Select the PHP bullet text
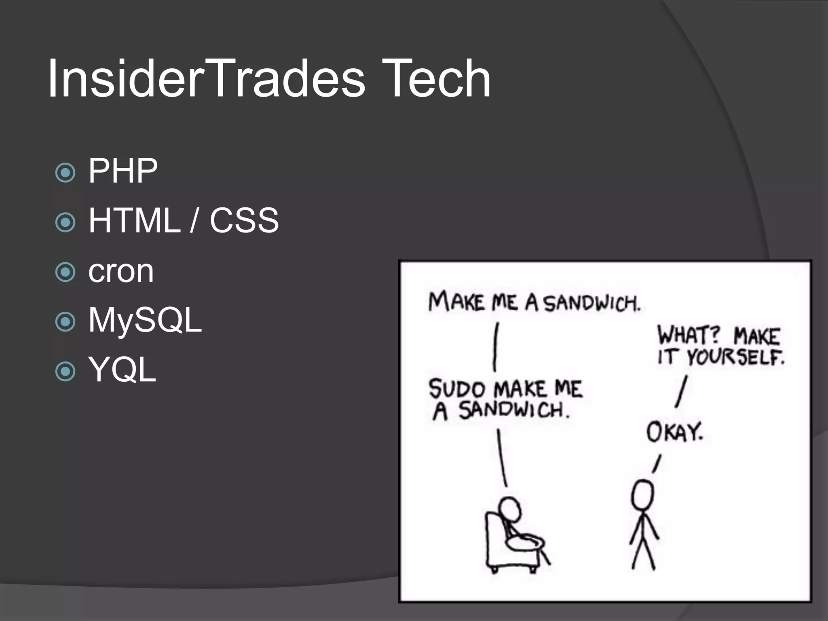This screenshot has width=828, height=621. point(123,171)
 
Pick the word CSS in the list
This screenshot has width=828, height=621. point(244,220)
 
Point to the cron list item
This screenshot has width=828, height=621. point(121,271)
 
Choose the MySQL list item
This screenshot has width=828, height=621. point(145,320)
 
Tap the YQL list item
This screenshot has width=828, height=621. point(122,369)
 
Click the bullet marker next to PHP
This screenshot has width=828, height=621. point(65,173)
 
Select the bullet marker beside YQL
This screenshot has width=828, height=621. point(65,371)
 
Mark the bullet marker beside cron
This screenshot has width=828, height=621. point(65,272)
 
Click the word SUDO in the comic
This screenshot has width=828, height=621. point(457,389)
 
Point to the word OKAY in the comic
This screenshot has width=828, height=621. point(674,432)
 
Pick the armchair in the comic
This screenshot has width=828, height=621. point(501,546)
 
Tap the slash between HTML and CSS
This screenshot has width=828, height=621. point(194,220)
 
